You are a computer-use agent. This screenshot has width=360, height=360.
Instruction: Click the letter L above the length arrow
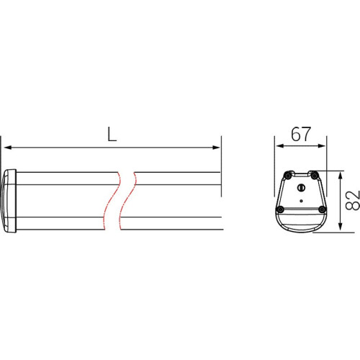coord(112,134)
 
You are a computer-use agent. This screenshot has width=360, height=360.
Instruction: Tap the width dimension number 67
coord(301,134)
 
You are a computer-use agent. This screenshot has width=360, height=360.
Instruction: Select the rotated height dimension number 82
coord(353,201)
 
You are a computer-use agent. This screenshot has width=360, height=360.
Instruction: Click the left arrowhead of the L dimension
coord(8,148)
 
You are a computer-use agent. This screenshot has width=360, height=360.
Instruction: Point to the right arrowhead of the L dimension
coord(216,148)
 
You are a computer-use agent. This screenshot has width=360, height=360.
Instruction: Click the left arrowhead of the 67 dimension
coord(280,146)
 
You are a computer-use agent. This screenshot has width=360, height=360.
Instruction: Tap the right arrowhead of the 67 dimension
coord(322,146)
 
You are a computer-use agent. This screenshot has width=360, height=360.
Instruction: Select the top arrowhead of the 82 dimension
coord(340,176)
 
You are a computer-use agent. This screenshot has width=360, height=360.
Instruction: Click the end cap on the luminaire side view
coord(9,201)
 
